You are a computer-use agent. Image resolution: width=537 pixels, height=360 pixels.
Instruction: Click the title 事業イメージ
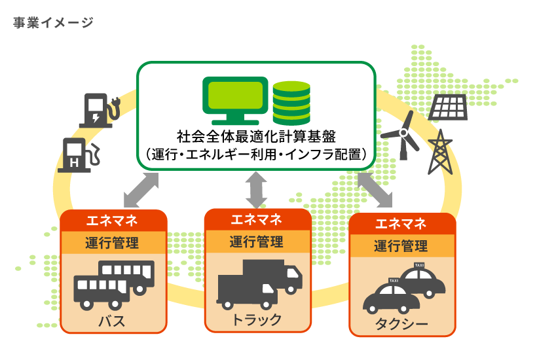(53, 24)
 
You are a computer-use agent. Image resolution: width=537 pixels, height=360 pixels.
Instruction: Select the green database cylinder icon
(293, 103)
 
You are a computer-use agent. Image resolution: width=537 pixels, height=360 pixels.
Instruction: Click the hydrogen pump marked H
(77, 154)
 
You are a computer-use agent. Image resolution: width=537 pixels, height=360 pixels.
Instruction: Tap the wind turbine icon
(400, 134)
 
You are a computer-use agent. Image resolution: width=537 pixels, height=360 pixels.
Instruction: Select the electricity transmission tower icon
(440, 152)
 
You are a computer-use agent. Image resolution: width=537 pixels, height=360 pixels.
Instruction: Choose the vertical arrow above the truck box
(256, 189)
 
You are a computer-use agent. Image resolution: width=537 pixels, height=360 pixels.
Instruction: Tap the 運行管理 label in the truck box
(256, 241)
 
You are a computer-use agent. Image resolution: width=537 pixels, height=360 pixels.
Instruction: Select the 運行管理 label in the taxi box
(401, 246)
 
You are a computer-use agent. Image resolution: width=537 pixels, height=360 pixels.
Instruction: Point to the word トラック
(256, 319)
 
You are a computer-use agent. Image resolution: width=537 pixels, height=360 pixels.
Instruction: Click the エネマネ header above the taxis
(401, 224)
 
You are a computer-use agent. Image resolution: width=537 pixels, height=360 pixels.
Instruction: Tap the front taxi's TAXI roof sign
(394, 281)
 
